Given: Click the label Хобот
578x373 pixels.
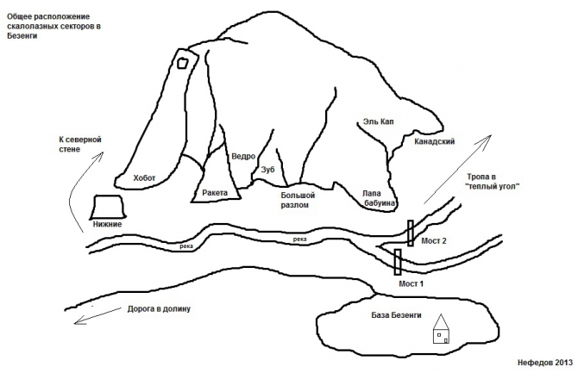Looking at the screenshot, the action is pos(144,177).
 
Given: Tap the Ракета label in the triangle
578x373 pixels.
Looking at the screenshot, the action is pos(215,193).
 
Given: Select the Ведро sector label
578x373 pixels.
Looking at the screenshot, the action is pos(243,157).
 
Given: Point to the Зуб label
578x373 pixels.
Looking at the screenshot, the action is pos(268,170).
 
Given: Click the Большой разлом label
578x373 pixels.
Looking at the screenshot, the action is pos(298,200).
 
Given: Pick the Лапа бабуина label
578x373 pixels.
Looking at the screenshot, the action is pos(380,198).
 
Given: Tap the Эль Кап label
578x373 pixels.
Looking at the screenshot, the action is pos(378,121).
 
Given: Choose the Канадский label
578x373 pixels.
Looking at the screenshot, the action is pos(434,141).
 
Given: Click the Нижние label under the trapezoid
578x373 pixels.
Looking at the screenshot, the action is pos(107,224).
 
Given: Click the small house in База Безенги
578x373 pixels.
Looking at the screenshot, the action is pos(441,329).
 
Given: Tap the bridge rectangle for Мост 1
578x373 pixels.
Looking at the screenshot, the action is pos(398,262).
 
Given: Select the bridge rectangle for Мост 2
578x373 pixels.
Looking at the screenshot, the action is pos(411,233).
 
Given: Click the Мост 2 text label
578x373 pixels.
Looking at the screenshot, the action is pos(434,241).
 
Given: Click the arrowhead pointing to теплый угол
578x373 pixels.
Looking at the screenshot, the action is pos(487,139).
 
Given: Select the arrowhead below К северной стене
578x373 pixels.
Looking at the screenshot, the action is pos(99,156).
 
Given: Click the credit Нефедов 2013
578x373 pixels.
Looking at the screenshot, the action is pos(545,363).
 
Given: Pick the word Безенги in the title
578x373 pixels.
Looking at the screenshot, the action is pos(22,35).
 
